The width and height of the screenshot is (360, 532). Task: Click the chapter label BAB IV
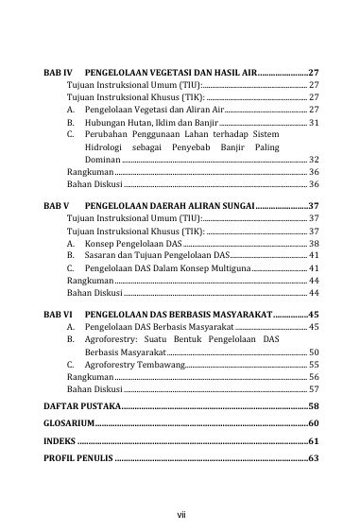[58, 73]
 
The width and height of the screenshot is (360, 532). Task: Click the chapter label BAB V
[57, 205]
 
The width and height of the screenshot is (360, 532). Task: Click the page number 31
[314, 123]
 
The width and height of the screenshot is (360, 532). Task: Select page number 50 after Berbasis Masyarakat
[314, 352]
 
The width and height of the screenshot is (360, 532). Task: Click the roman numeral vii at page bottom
[180, 514]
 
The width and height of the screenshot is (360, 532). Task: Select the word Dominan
[102, 159]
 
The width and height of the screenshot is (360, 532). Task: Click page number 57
[314, 388]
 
